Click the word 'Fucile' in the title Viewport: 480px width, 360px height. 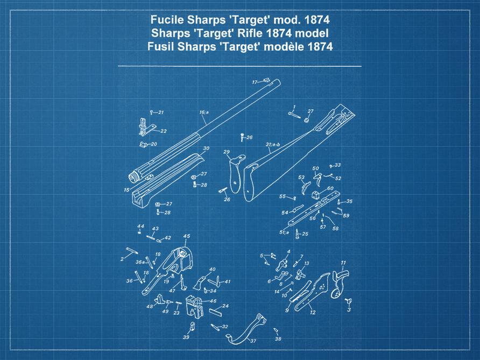tap(167, 19)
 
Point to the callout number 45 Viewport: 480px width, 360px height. tap(187, 236)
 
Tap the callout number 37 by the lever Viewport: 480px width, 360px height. tap(253, 341)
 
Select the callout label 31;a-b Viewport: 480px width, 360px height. tap(273, 144)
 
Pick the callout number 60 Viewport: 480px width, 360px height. tap(330, 188)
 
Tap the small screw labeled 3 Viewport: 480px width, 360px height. tap(348, 301)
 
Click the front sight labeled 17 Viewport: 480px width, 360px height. tap(267, 81)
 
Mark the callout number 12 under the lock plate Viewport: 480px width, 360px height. tap(313, 312)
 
